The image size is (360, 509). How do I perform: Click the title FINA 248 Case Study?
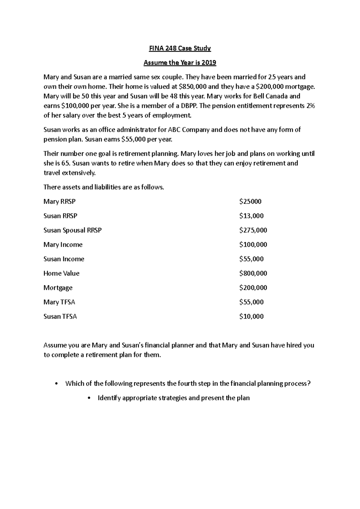(x=180, y=48)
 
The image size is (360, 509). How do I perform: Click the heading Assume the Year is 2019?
(x=180, y=63)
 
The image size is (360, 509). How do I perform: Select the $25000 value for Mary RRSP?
(x=250, y=201)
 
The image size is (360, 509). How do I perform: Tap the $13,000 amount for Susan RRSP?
(x=251, y=216)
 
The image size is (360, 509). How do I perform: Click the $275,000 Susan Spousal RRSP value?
(x=253, y=230)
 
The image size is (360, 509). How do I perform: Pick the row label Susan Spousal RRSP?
(x=72, y=230)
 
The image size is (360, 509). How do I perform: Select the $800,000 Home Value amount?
(x=253, y=273)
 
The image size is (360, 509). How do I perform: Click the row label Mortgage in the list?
(x=58, y=288)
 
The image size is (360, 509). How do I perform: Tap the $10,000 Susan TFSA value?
(x=251, y=316)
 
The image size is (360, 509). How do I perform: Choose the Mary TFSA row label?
(x=59, y=302)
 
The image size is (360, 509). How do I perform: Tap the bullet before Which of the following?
(x=56, y=384)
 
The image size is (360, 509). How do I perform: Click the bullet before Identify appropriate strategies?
(x=89, y=398)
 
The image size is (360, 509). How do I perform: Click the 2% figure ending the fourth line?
(x=310, y=106)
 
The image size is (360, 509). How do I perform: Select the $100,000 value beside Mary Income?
(x=253, y=245)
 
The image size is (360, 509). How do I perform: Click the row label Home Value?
(x=61, y=273)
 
